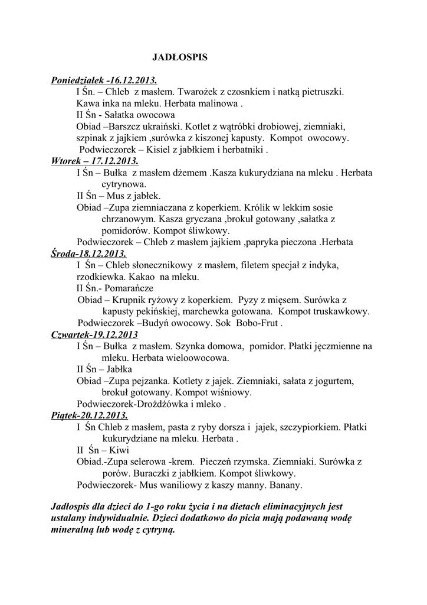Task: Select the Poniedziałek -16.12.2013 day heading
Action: (104, 80)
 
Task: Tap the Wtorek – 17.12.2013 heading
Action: (95, 161)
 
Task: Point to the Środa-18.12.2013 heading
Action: (88, 253)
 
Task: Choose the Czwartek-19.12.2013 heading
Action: (95, 334)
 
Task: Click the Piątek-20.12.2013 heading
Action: (90, 415)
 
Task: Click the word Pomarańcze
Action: (129, 288)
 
